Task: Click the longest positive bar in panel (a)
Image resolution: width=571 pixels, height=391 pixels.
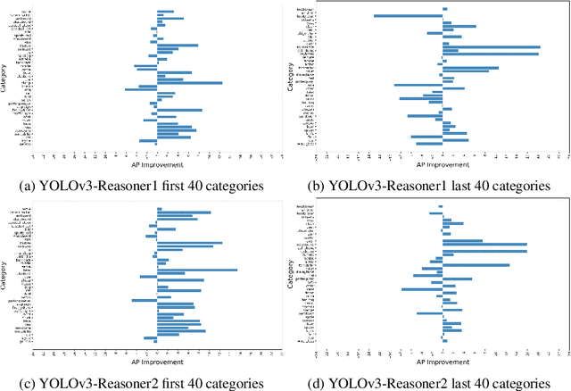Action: pos(189,83)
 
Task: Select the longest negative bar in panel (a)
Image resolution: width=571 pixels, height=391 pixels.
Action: pos(141,89)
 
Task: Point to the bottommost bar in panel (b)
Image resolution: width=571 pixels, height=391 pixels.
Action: pos(429,144)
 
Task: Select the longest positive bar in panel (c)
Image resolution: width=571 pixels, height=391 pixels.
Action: pos(197,270)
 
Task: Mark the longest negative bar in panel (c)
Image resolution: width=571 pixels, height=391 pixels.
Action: pos(145,301)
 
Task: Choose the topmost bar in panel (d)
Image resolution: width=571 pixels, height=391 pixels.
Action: pos(441,207)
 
